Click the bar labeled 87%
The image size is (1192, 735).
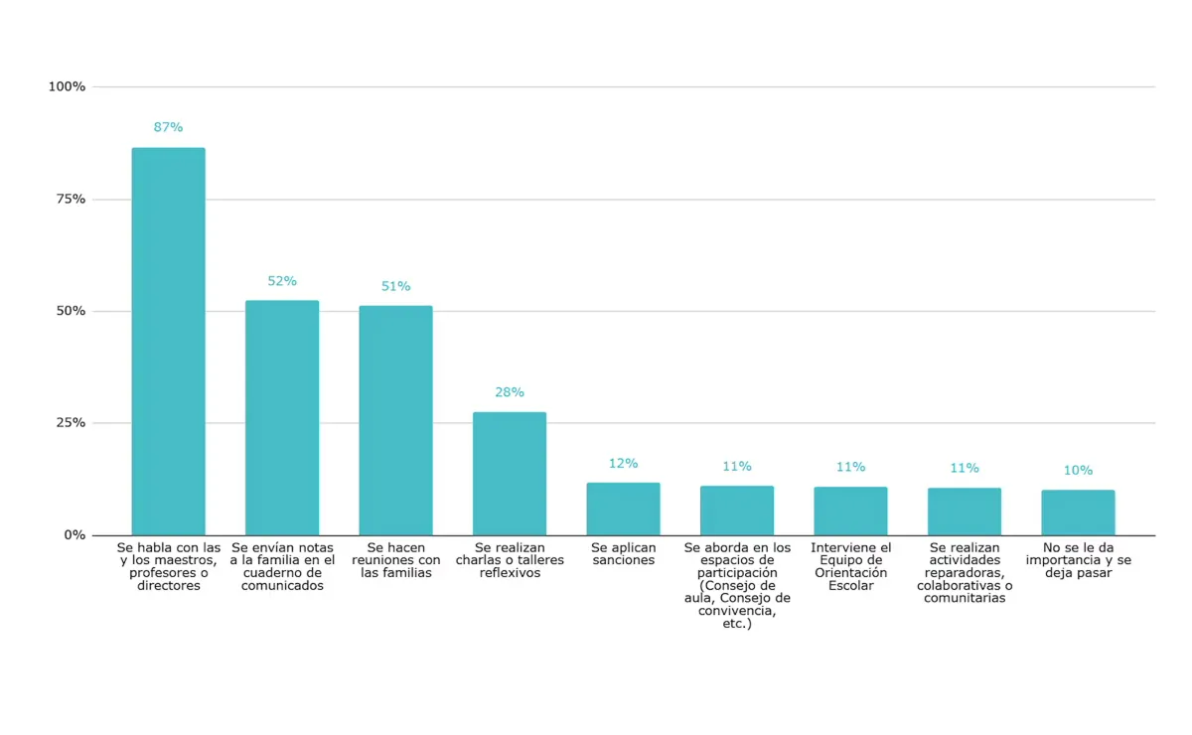click(x=168, y=342)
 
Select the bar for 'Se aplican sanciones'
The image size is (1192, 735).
click(x=623, y=510)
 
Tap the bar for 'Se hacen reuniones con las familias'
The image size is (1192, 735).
click(x=395, y=421)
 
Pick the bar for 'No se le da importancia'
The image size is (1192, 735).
click(x=1078, y=513)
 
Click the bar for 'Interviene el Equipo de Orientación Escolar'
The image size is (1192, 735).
click(x=850, y=512)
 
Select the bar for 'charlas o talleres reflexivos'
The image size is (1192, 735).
click(x=510, y=474)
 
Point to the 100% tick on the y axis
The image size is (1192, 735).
click(x=68, y=87)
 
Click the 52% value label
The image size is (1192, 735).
click(x=282, y=281)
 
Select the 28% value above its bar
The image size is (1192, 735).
click(x=510, y=392)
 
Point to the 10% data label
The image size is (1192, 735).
click(x=1078, y=471)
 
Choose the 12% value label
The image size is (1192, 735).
click(x=623, y=464)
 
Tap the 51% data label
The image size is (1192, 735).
click(x=395, y=286)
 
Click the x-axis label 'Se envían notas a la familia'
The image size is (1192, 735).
click(x=282, y=566)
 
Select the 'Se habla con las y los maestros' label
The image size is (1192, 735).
click(x=168, y=566)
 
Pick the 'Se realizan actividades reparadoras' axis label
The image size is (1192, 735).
click(x=965, y=573)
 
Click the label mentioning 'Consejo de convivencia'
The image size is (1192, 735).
click(x=737, y=586)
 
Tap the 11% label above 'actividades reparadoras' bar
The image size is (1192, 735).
click(x=965, y=468)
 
